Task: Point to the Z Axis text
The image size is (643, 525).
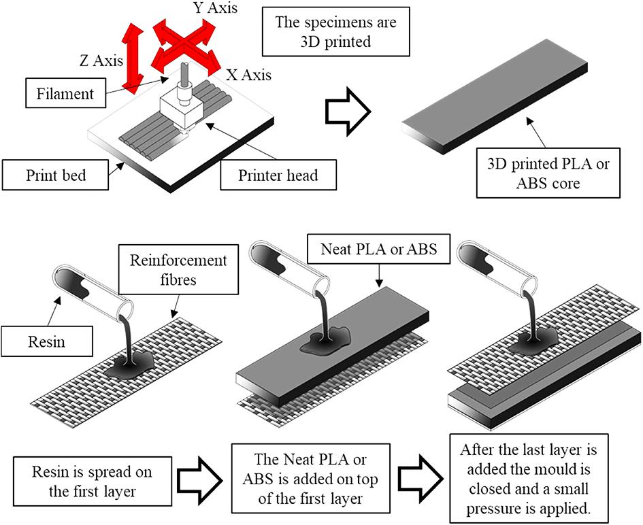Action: [x=101, y=62]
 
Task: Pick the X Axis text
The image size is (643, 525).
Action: [x=247, y=74]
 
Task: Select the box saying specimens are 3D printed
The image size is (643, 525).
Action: [x=336, y=31]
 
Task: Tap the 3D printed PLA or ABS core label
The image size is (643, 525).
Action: [x=548, y=173]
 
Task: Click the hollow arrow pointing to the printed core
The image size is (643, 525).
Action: [x=348, y=109]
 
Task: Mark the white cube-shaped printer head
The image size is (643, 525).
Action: [x=181, y=109]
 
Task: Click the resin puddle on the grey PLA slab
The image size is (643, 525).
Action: [x=327, y=337]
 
